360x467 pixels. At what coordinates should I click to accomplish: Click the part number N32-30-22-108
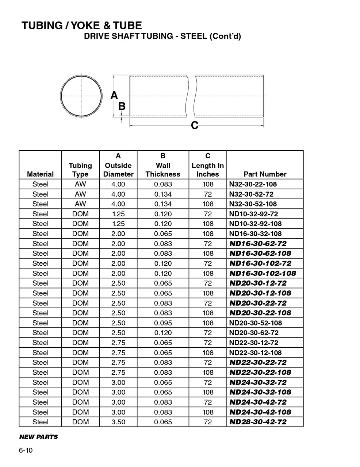pyautogui.click(x=253, y=184)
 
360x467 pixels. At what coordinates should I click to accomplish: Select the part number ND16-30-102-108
pyautogui.click(x=263, y=273)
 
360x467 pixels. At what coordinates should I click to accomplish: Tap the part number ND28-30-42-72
pyautogui.click(x=258, y=422)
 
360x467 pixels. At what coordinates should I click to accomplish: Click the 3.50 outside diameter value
pyautogui.click(x=118, y=422)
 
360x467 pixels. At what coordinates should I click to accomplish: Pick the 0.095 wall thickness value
pyautogui.click(x=163, y=323)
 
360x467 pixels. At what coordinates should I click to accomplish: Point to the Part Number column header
pyautogui.click(x=265, y=174)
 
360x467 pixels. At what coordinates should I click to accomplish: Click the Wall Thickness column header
pyautogui.click(x=163, y=170)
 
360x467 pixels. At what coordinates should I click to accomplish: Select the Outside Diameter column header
pyautogui.click(x=118, y=170)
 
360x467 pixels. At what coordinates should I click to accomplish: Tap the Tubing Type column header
pyautogui.click(x=80, y=170)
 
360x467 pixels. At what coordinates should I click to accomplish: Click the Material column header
pyautogui.click(x=40, y=174)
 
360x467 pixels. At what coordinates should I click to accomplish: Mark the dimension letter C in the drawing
pyautogui.click(x=195, y=126)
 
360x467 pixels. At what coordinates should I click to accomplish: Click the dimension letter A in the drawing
pyautogui.click(x=114, y=95)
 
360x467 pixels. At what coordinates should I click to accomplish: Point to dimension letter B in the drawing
pyautogui.click(x=122, y=106)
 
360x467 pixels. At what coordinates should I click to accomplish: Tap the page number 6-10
pyautogui.click(x=26, y=451)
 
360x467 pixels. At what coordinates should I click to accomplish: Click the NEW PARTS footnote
pyautogui.click(x=38, y=437)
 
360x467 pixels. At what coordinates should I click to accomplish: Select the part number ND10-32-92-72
pyautogui.click(x=253, y=214)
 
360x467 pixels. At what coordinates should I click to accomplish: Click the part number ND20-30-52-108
pyautogui.click(x=256, y=323)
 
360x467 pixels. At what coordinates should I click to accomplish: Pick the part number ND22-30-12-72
pyautogui.click(x=253, y=343)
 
